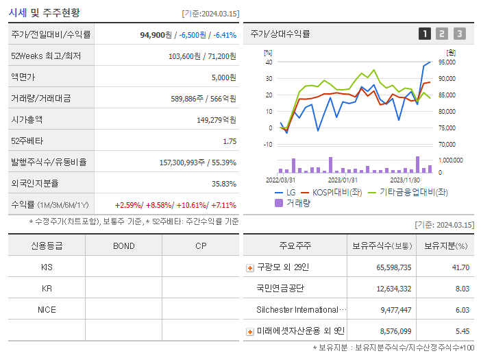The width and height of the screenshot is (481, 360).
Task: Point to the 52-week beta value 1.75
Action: pos(229,141)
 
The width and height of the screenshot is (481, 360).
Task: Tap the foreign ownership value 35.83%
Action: pos(223,184)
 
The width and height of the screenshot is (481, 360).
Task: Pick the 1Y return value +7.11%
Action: pos(223,205)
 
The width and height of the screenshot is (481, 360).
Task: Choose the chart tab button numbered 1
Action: pos(425,34)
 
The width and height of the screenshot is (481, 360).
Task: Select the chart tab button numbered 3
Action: pos(459,34)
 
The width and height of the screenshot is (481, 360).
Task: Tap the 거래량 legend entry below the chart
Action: pos(297,203)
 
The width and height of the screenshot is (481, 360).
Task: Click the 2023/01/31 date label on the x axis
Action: pos(341,180)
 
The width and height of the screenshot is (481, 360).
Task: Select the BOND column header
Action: pos(123,245)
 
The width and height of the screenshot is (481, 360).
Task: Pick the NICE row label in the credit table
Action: pos(47,310)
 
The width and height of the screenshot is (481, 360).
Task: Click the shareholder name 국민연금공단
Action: pos(280,289)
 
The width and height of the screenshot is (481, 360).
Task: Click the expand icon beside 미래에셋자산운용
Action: pos(249,332)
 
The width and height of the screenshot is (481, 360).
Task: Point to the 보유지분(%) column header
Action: pos(445,245)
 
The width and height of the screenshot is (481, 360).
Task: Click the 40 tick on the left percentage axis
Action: pos(269,62)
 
